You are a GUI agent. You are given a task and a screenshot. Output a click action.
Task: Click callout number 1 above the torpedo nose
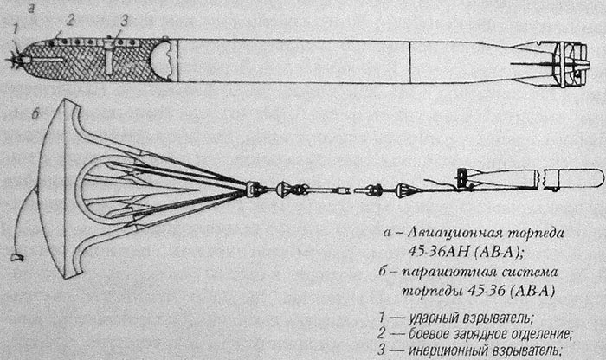point(15,29)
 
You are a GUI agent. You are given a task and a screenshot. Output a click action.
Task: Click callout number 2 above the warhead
point(70,20)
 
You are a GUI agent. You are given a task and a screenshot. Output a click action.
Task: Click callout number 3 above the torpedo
point(124,21)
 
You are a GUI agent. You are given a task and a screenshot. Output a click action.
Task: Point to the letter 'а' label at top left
point(31,9)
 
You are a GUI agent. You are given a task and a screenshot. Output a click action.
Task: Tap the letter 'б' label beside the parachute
point(35,114)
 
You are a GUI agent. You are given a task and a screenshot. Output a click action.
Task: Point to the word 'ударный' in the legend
point(434,318)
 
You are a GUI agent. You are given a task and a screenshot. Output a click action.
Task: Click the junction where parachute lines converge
point(252,189)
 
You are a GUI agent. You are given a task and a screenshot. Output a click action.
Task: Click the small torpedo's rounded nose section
point(573,179)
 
